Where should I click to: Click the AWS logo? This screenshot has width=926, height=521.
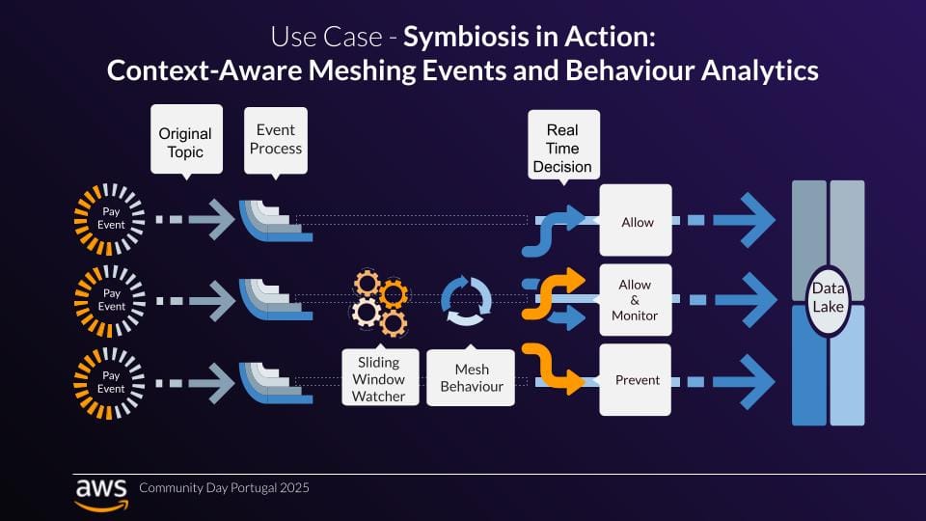pyautogui.click(x=99, y=491)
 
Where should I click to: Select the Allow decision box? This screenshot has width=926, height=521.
pyautogui.click(x=636, y=222)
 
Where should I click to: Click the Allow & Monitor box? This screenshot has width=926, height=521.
pyautogui.click(x=636, y=300)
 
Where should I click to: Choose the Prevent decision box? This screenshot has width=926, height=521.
pyautogui.click(x=636, y=379)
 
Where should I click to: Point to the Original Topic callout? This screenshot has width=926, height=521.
pyautogui.click(x=185, y=143)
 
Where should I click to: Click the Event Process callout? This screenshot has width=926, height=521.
pyautogui.click(x=275, y=140)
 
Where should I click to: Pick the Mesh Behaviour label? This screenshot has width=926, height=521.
pyautogui.click(x=472, y=378)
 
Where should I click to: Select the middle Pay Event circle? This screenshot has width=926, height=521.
pyautogui.click(x=111, y=300)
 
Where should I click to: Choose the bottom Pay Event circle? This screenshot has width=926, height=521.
pyautogui.click(x=111, y=381)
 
